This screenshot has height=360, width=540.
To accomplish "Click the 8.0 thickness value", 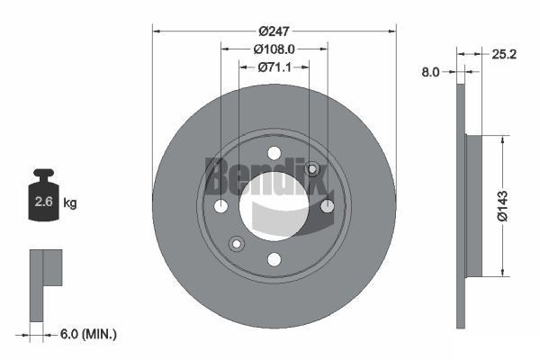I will [x=429, y=72].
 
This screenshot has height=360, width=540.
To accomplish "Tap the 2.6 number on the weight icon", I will [x=42, y=202].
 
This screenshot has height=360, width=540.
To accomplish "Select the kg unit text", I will [x=69, y=202].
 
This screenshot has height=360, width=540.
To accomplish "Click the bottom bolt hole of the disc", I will [x=274, y=260].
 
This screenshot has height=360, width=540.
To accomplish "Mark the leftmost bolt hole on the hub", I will [x=220, y=206].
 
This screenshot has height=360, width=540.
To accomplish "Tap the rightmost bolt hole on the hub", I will [x=328, y=206].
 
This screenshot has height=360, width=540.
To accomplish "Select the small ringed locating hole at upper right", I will [x=312, y=169].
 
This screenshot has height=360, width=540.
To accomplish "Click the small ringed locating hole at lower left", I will [x=237, y=243].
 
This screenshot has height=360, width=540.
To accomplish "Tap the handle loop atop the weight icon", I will [x=42, y=173].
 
